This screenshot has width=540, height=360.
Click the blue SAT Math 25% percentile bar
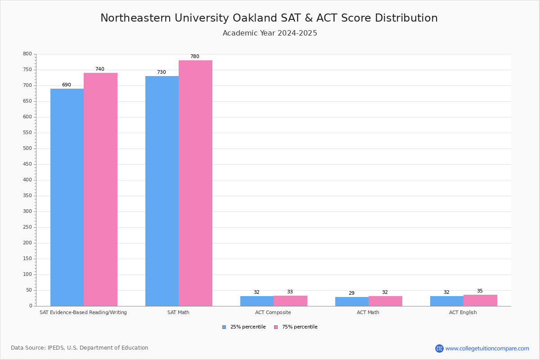click(x=162, y=191)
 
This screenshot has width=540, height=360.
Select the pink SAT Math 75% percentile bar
click(x=195, y=183)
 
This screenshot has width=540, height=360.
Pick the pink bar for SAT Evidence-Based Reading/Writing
click(x=100, y=189)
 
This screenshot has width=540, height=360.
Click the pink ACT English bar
click(x=480, y=300)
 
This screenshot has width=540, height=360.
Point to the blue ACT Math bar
click(x=352, y=301)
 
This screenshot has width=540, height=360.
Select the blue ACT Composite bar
click(x=257, y=301)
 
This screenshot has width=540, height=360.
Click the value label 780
click(x=194, y=57)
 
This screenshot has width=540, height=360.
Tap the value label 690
click(x=67, y=85)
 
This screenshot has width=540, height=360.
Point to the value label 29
click(x=351, y=293)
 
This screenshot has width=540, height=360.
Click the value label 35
click(x=480, y=291)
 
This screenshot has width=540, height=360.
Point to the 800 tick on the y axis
click(x=27, y=54)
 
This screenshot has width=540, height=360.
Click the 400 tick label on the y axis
click(x=27, y=180)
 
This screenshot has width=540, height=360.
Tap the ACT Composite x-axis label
click(x=273, y=312)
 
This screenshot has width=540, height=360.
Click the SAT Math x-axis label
click(x=178, y=312)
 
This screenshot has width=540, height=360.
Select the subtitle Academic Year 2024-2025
click(x=270, y=33)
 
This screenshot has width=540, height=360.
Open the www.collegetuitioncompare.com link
click(x=487, y=348)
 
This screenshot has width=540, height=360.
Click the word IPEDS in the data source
click(x=56, y=348)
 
